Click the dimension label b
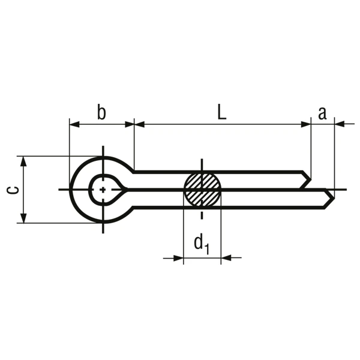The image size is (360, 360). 101,112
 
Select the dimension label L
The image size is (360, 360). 222,112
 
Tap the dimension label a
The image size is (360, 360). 322,112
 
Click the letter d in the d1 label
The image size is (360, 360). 197,244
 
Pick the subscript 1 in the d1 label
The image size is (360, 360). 207,247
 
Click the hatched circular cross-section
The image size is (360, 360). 202,190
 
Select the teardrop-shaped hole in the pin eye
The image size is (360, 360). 106,190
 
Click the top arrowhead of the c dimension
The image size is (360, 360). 23,161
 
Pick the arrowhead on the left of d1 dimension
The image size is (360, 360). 178,259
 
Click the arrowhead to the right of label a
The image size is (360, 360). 340,124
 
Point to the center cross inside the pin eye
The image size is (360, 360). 103,190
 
